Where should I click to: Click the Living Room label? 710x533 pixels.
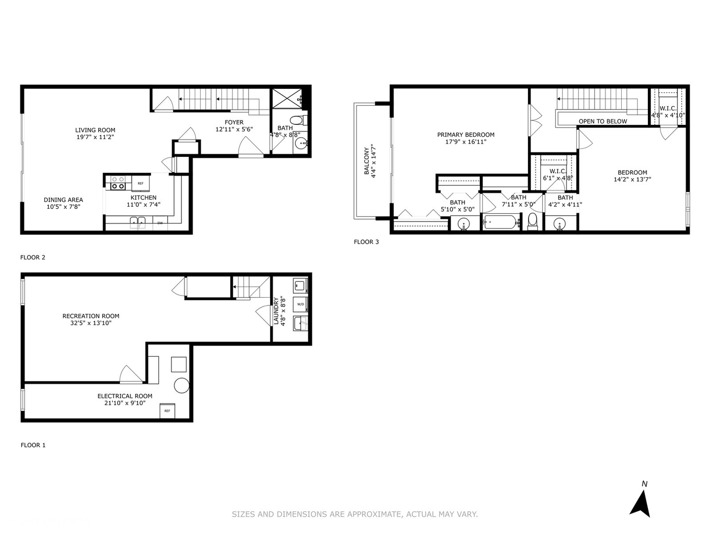[95, 130]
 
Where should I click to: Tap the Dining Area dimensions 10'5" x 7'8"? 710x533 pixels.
[63, 207]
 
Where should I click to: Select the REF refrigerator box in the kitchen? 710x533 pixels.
[141, 184]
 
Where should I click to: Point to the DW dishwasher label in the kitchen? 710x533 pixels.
[160, 224]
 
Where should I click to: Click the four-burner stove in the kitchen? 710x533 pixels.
[118, 183]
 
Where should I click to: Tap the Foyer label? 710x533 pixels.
[234, 122]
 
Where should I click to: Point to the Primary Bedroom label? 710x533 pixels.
[465, 135]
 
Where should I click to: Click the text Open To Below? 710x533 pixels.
[603, 121]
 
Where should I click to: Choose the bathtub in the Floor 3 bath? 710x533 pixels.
[501, 222]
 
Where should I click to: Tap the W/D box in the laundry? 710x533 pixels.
[300, 305]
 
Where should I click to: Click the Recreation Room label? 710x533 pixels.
[91, 316]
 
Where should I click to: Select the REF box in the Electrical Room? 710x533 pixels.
[167, 411]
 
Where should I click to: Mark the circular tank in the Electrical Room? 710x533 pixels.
[181, 385]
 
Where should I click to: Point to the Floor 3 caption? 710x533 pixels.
[366, 242]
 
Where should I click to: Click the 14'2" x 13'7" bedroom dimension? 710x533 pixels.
[632, 180]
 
